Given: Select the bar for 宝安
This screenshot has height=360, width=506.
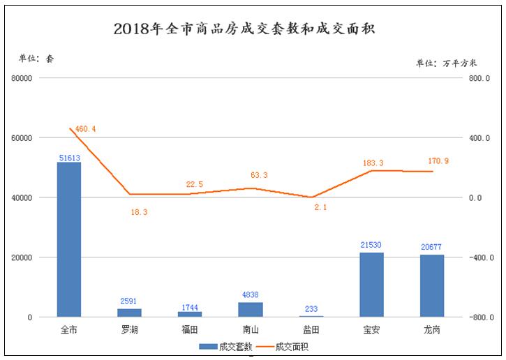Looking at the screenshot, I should (371, 285).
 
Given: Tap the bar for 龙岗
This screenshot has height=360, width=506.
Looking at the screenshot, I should (432, 286).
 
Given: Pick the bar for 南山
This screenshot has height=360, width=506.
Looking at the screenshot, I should (250, 310).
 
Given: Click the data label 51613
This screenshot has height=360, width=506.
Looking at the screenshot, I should (68, 158).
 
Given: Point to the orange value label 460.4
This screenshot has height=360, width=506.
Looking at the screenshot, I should (85, 129).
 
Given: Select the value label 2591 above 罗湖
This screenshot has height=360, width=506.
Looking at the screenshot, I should (129, 302).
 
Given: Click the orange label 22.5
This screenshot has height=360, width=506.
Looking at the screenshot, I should (195, 184).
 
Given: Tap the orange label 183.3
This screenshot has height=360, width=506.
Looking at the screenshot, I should (373, 163).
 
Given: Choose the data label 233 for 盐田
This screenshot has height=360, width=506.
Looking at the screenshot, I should (311, 309).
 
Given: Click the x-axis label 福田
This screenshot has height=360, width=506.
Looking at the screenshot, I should (190, 329).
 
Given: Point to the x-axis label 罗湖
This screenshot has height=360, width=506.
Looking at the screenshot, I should (129, 329).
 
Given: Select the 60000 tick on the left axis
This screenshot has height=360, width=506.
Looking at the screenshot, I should (22, 138).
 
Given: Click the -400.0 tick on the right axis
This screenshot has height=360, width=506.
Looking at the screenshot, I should (479, 258).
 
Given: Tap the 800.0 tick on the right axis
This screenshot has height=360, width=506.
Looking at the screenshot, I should (479, 79).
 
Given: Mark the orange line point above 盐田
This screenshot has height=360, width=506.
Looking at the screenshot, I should (311, 197).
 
